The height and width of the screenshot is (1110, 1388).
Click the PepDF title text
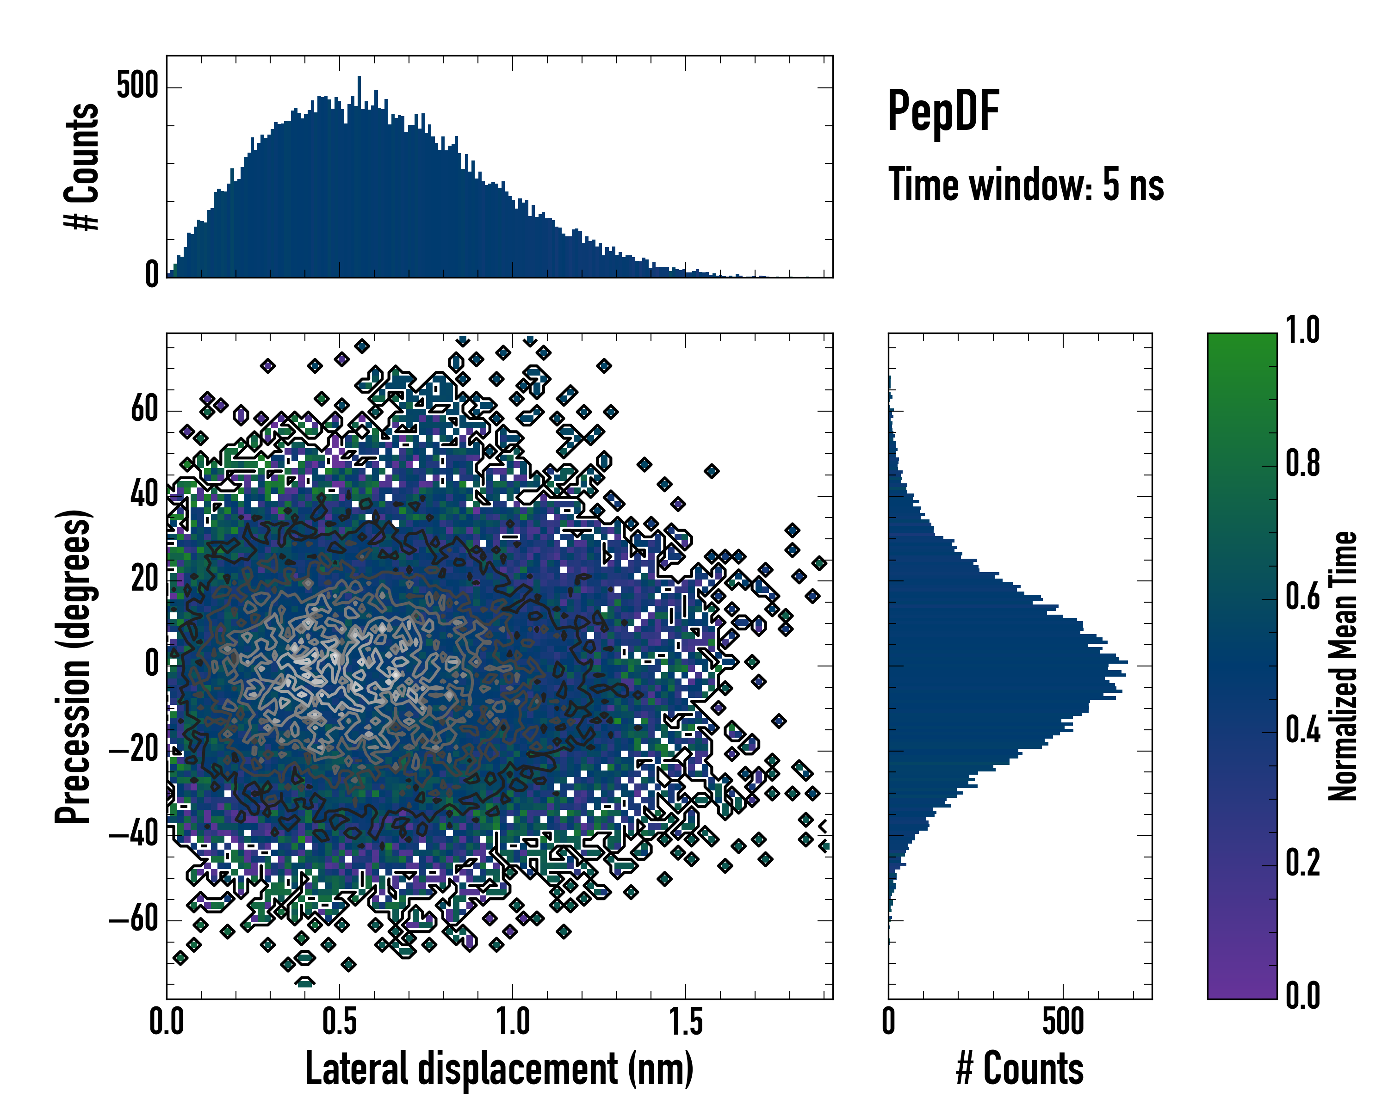pos(942,112)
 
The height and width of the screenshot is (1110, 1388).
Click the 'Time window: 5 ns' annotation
pos(1026,185)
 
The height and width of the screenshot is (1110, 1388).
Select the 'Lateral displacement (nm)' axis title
pos(499,1069)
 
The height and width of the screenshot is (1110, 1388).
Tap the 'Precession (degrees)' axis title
pos(73,666)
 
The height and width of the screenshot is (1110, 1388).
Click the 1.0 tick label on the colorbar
pos(1302,331)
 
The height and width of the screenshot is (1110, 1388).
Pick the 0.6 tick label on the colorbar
pos(1302,597)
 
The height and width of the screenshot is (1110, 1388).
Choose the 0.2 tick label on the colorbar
pos(1302,863)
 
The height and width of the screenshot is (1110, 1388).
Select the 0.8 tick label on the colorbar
pos(1302,464)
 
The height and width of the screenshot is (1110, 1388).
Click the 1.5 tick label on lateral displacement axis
pos(685,1023)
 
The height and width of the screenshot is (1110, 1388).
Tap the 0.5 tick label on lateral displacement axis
pos(339,1023)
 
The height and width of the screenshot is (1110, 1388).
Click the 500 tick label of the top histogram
pos(137,86)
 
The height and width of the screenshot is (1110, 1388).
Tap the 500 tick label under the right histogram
pos(1063,1023)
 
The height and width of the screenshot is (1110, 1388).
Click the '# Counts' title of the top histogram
pos(82,166)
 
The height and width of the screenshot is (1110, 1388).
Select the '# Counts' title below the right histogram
pos(1020,1069)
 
